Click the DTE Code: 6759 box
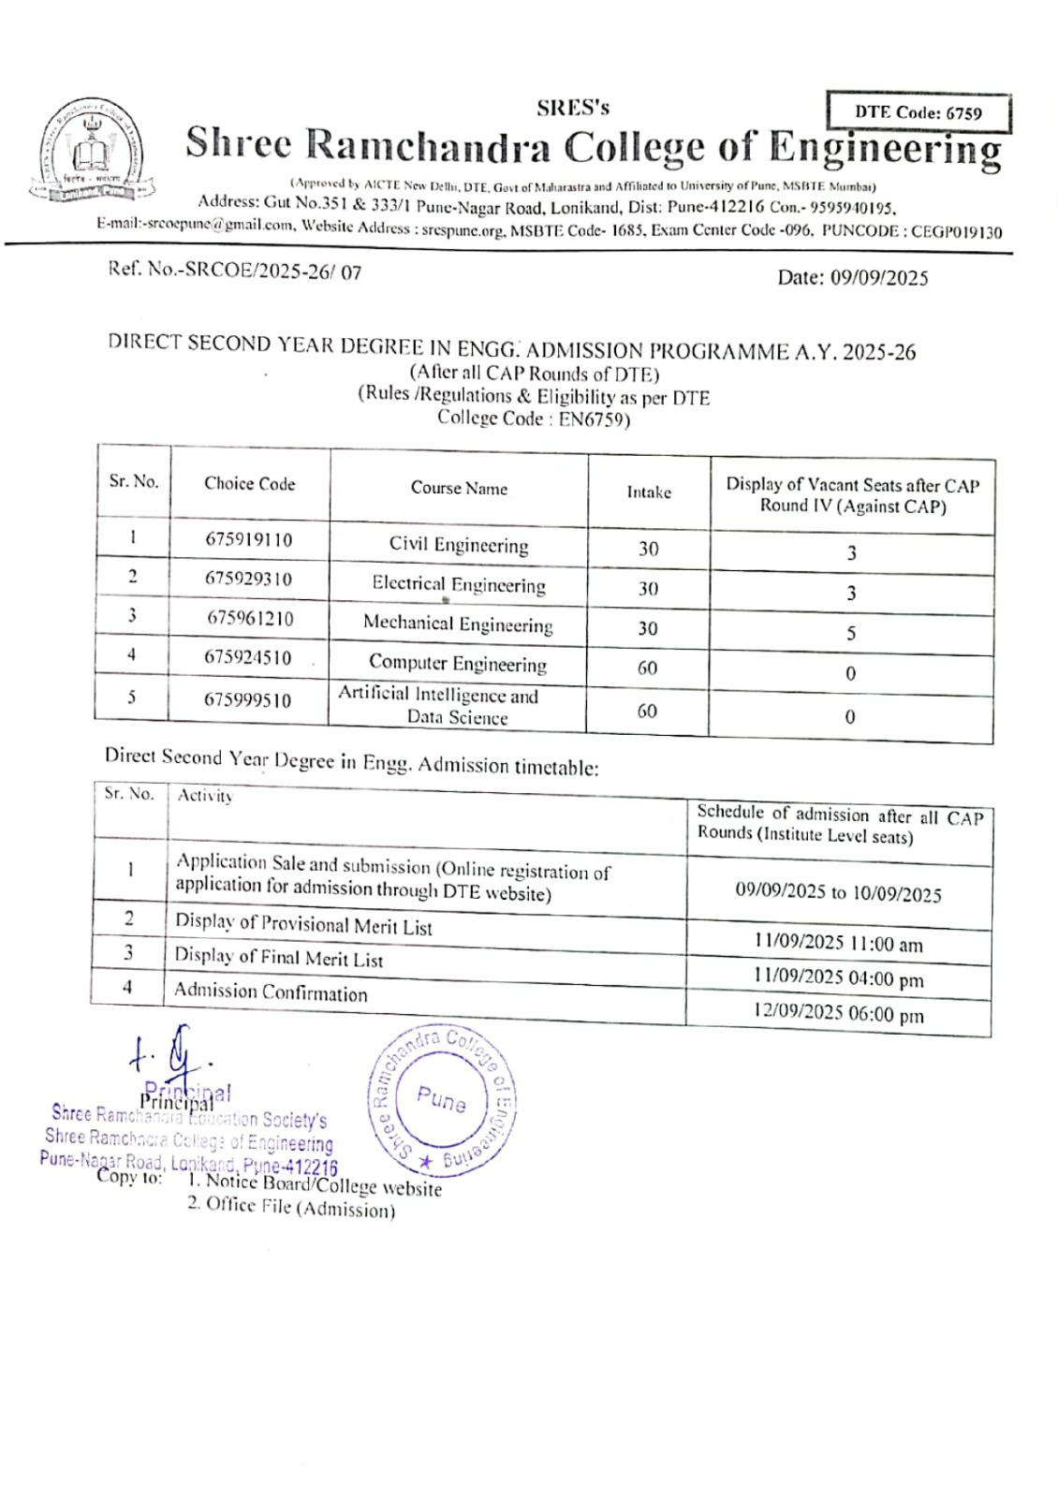[x=918, y=112]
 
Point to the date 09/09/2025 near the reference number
[x=852, y=277]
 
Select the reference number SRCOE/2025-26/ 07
[x=235, y=272]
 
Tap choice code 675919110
[x=249, y=540]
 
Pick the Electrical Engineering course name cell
[x=459, y=585]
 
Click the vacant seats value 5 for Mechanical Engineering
[x=851, y=633]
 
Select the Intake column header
[x=649, y=492]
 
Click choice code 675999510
[x=248, y=700]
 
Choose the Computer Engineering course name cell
[x=458, y=664]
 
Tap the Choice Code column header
[x=249, y=484]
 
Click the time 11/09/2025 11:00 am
[x=838, y=944]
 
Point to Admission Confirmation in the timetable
[x=271, y=992]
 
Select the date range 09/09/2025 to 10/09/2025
[x=838, y=892]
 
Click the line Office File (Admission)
[x=291, y=1208]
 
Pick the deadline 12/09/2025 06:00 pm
[x=838, y=1014]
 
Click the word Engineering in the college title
[x=885, y=148]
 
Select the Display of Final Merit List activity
[x=279, y=958]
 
